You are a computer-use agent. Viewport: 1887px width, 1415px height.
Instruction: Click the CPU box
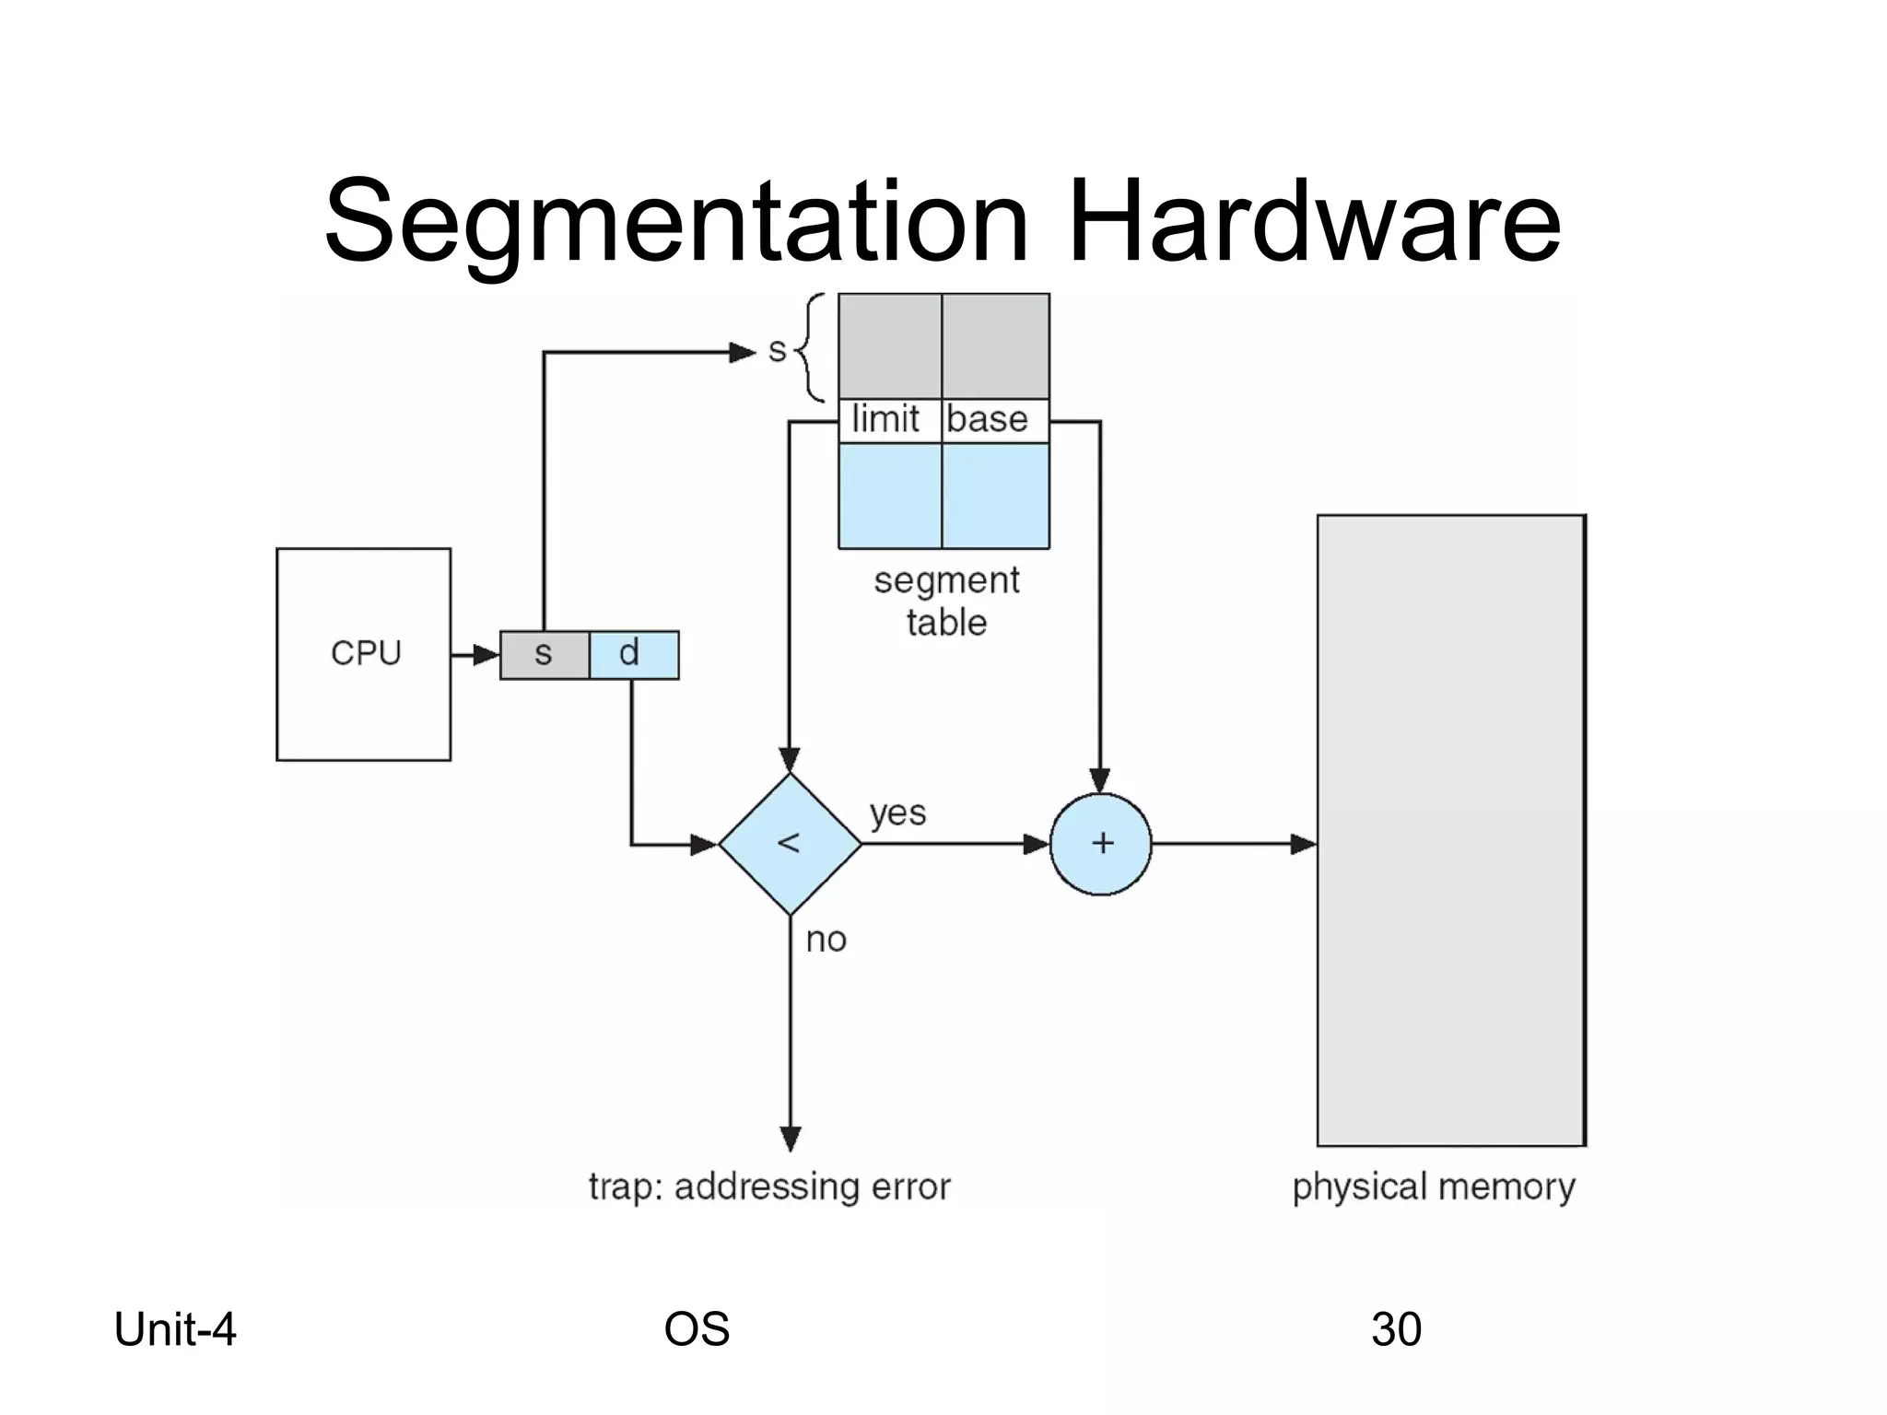[x=364, y=654]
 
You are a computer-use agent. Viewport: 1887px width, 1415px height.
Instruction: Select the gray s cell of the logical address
[x=545, y=655]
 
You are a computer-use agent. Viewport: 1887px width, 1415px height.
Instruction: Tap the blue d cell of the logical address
[x=634, y=655]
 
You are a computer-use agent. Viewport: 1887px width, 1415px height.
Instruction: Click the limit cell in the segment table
[x=887, y=420]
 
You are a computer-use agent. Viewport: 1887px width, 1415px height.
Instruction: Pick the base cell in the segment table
[x=991, y=420]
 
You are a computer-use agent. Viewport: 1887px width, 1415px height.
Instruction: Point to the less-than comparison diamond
[x=790, y=844]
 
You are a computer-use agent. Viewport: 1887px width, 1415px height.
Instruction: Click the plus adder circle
[x=1101, y=844]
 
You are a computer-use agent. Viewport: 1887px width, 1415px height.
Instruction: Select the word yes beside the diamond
[x=897, y=813]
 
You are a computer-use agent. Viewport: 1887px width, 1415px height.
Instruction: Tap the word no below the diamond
[x=826, y=941]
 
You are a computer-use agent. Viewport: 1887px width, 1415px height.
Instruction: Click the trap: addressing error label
[x=769, y=1187]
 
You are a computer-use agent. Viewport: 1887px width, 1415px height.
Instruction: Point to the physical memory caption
[x=1434, y=1187]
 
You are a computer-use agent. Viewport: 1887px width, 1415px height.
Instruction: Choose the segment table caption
[x=946, y=602]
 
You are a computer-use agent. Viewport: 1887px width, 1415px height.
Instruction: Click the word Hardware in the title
[x=1313, y=222]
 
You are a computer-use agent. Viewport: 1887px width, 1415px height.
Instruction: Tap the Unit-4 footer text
[x=175, y=1329]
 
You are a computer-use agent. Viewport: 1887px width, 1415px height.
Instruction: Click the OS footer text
[x=697, y=1329]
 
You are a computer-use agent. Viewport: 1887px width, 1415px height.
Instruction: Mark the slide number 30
[x=1396, y=1329]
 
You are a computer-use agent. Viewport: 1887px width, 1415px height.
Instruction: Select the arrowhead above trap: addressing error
[x=791, y=1139]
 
